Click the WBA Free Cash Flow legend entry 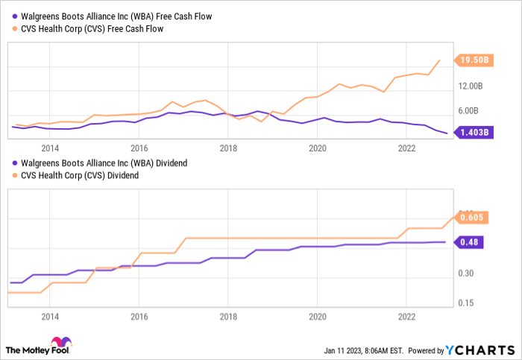click(x=84, y=16)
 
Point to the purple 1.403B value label click(x=473, y=133)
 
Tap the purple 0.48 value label click(x=469, y=241)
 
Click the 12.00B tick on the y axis click(x=471, y=87)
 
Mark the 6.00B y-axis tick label click(x=469, y=111)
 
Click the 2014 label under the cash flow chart click(x=51, y=148)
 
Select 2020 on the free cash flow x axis click(x=317, y=148)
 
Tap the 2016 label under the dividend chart click(x=139, y=316)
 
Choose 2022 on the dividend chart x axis click(x=406, y=316)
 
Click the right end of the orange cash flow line click(x=439, y=60)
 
